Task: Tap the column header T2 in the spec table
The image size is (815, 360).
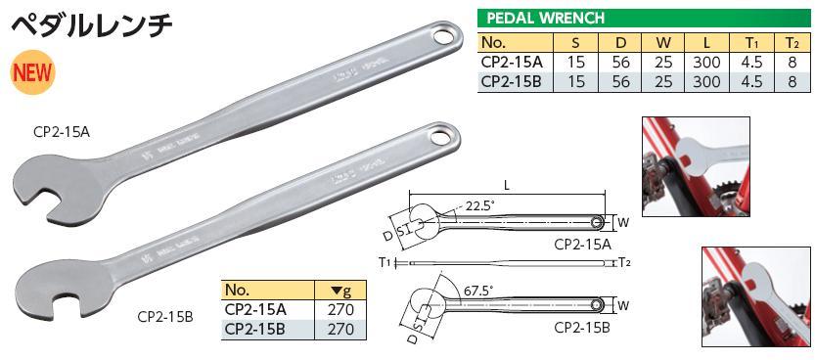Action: (x=792, y=43)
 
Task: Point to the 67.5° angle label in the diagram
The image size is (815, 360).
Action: (x=476, y=291)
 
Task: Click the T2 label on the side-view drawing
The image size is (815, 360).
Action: (x=624, y=263)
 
